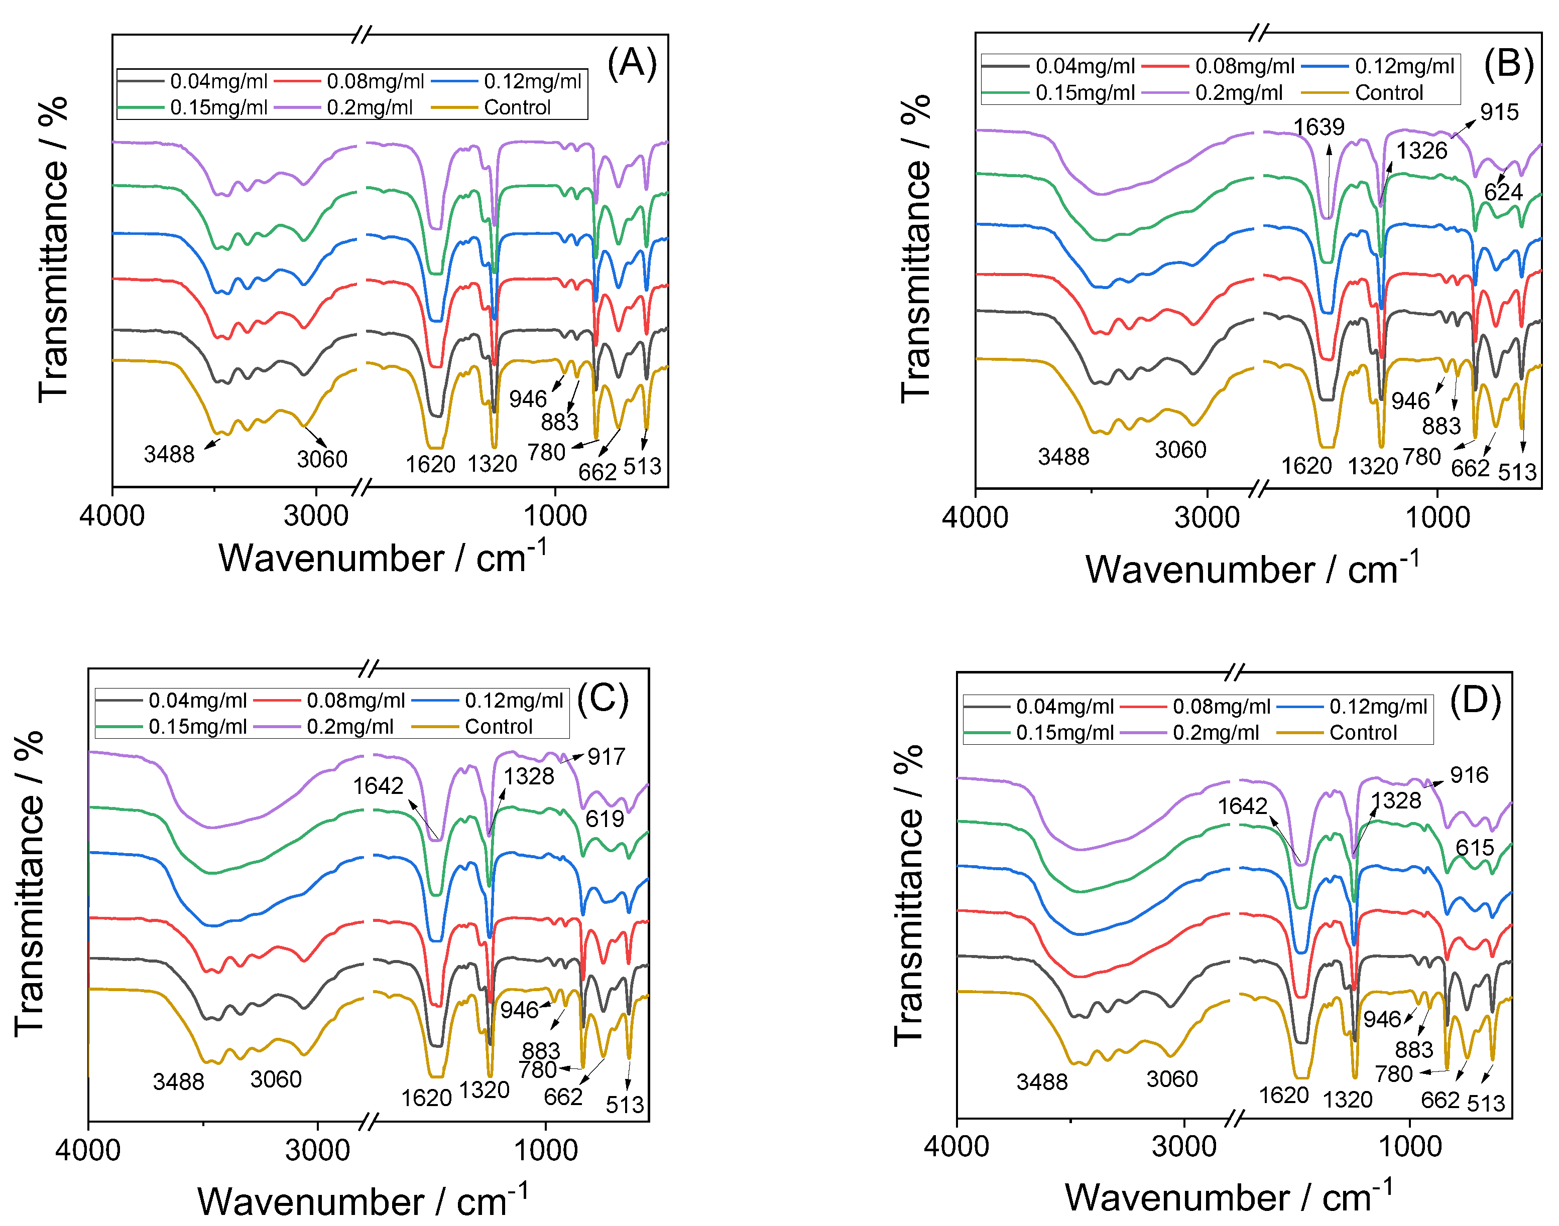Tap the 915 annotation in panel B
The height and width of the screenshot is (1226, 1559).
click(1499, 112)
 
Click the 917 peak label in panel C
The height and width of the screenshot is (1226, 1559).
click(606, 757)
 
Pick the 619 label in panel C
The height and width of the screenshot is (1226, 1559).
click(605, 819)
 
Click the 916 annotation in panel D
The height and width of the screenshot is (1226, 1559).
click(1469, 775)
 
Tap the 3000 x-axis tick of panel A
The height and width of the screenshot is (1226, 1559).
click(316, 516)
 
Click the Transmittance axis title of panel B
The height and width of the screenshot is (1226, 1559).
click(916, 247)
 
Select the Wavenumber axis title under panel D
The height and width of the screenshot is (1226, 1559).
click(1229, 1198)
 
